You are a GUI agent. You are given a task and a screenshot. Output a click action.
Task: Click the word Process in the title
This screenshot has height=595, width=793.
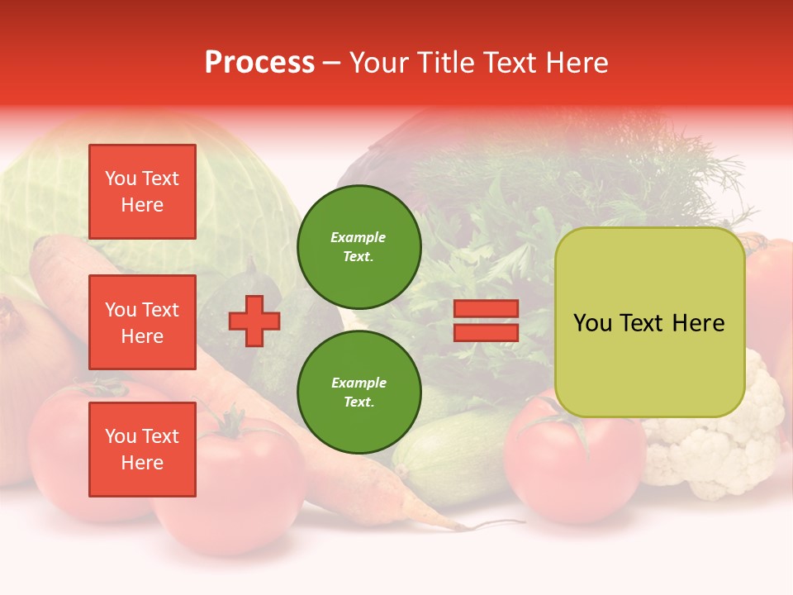pyautogui.click(x=259, y=63)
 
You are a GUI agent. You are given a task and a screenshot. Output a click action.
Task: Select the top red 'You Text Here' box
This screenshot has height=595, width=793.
pyautogui.click(x=142, y=192)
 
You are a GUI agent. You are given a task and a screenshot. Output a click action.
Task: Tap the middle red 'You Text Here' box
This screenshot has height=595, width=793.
pyautogui.click(x=142, y=322)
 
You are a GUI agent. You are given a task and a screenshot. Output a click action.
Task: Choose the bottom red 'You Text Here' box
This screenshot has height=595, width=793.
pyautogui.click(x=142, y=450)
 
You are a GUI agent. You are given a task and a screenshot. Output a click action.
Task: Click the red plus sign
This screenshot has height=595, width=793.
pyautogui.click(x=254, y=321)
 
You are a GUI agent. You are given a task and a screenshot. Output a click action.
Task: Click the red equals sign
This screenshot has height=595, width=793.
pyautogui.click(x=486, y=321)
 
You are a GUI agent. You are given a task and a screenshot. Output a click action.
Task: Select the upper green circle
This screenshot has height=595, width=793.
pyautogui.click(x=359, y=247)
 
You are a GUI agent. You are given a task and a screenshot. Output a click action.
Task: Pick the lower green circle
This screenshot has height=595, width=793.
pyautogui.click(x=359, y=393)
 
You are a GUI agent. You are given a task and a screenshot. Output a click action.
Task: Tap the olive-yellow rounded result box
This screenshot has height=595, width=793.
pyautogui.click(x=649, y=322)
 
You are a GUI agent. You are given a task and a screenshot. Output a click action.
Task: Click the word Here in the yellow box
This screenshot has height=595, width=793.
pyautogui.click(x=698, y=323)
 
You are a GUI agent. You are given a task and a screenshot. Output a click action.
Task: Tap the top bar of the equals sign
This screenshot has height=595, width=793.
pyautogui.click(x=486, y=309)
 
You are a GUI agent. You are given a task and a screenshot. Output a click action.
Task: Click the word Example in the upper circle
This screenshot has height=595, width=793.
pyautogui.click(x=358, y=238)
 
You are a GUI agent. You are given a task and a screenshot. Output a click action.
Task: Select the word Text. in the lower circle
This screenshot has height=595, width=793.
pyautogui.click(x=359, y=402)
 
